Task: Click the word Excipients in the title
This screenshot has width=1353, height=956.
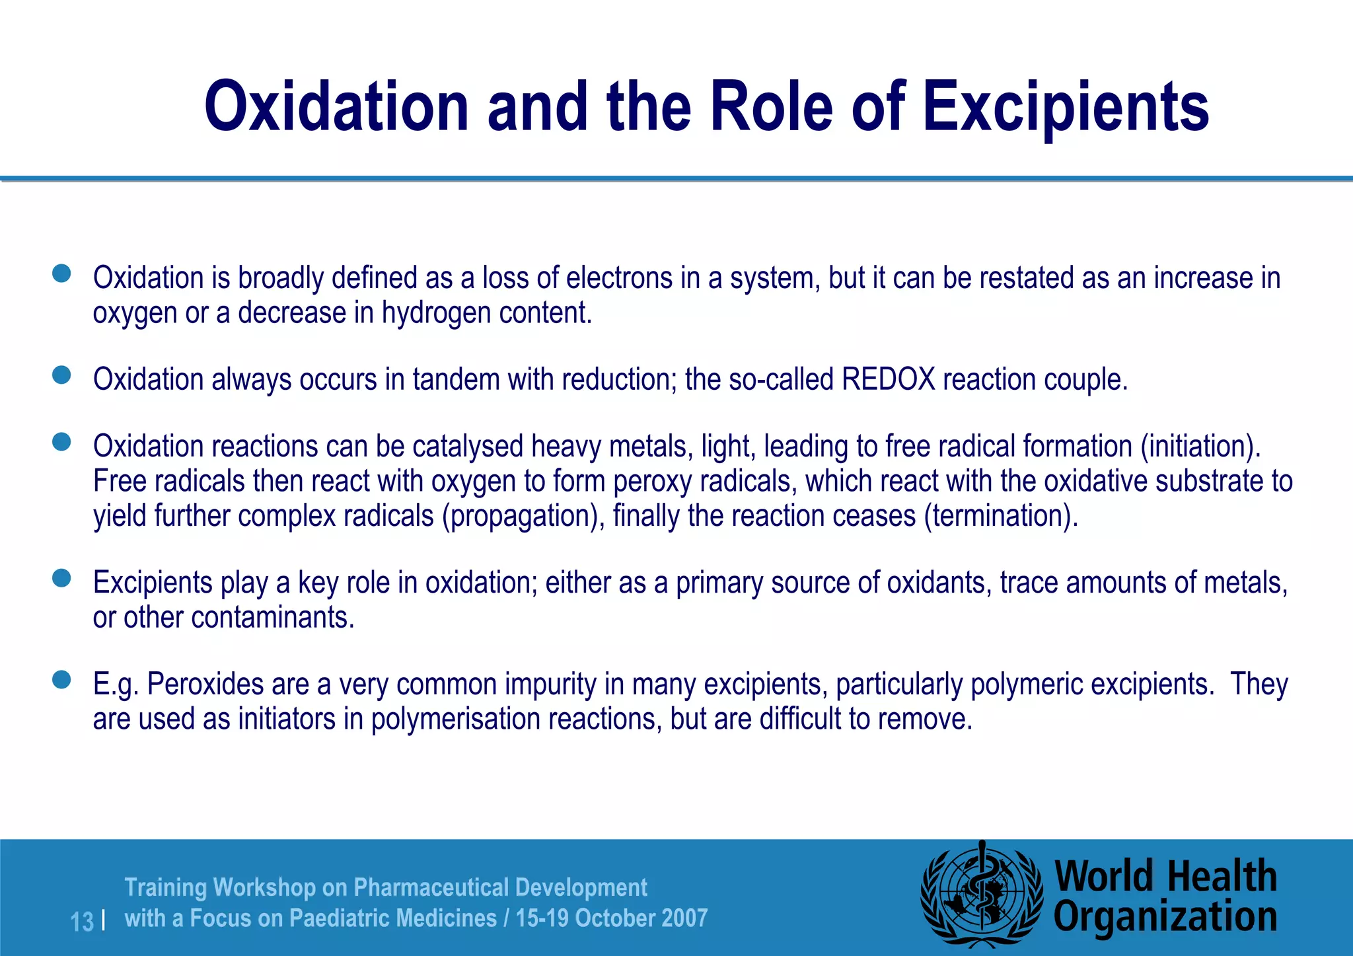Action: click(1065, 107)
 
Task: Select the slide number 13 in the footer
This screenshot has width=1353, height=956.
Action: click(82, 921)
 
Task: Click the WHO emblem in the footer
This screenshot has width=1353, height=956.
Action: click(981, 897)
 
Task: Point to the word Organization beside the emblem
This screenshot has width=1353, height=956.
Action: click(1165, 917)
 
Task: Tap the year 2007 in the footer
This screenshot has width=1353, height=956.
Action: click(684, 918)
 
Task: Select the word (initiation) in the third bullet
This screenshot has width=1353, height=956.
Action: click(1200, 447)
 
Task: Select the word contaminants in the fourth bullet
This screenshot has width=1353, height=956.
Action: click(272, 618)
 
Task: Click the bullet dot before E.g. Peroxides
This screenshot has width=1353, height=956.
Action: click(61, 680)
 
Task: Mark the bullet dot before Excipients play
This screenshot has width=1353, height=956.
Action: click(61, 579)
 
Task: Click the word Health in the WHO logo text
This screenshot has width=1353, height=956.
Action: click(1222, 877)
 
